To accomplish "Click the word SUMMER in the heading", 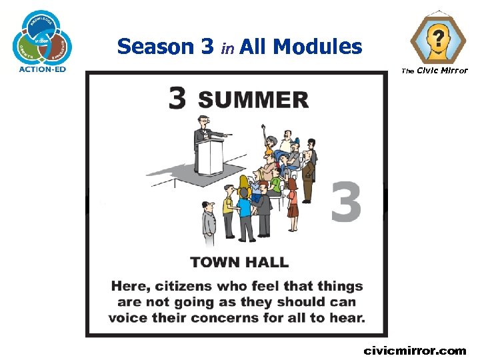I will (x=253, y=99).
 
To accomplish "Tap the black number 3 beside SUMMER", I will (x=177, y=99).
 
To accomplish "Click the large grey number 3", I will (x=347, y=201).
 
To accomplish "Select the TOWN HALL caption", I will (x=239, y=262).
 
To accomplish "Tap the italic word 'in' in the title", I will (x=227, y=48).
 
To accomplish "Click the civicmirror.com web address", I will (x=415, y=350).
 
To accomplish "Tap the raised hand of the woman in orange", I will (x=263, y=125).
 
